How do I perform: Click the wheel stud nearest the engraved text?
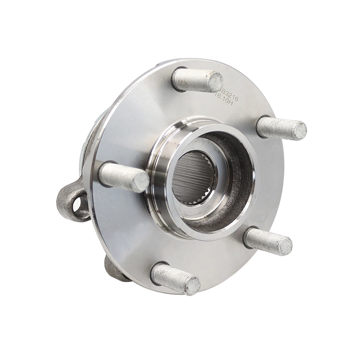tap(197, 80)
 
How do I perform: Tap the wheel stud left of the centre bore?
tap(122, 176)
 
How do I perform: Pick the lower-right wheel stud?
tap(267, 241)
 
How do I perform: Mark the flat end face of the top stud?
tap(215, 82)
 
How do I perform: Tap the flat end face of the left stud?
tap(141, 181)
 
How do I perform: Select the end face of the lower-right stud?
tap(284, 246)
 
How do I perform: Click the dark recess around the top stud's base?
tap(178, 74)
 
